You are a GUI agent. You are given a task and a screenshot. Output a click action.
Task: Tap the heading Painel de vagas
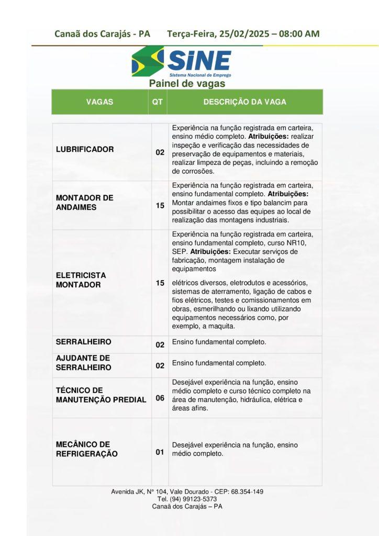(187, 84)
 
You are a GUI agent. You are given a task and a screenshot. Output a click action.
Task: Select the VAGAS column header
(99, 102)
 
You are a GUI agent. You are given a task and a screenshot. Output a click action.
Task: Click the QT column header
(157, 102)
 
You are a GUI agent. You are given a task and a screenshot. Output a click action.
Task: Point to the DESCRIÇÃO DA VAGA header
(244, 102)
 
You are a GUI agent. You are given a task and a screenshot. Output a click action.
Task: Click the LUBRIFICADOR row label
(85, 149)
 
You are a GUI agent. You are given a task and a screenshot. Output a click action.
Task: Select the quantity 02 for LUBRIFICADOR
(160, 153)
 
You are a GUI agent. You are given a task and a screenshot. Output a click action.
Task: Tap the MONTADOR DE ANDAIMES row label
(85, 203)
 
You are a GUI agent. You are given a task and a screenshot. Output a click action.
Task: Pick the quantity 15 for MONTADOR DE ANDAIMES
(160, 206)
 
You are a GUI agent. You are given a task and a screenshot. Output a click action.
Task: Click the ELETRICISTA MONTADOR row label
(81, 280)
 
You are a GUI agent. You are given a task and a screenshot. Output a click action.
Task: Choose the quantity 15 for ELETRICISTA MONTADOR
(160, 283)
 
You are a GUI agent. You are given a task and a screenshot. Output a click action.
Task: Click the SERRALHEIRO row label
(84, 342)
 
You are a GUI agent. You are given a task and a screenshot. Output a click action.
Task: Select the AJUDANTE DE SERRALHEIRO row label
(84, 362)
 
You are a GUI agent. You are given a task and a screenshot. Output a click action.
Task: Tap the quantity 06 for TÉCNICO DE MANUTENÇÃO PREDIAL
(160, 398)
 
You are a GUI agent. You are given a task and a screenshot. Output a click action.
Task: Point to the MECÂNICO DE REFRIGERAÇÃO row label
(86, 449)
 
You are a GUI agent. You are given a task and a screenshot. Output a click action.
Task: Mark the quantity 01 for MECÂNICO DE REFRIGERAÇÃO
(160, 452)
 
